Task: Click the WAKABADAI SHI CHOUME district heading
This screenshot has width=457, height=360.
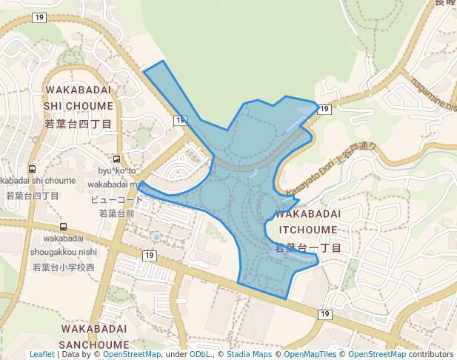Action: (79, 98)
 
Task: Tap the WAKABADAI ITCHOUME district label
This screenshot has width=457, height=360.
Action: (307, 221)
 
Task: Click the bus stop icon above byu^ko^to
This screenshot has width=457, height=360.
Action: (116, 159)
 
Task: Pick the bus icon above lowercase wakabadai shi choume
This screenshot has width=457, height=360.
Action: (32, 169)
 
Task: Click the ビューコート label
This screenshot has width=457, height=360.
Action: (116, 200)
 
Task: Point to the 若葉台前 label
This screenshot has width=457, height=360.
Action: (117, 213)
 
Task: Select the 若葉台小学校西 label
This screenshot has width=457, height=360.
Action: (64, 267)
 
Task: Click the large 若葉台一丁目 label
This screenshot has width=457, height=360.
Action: (307, 247)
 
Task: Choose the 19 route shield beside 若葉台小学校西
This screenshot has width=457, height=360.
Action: (150, 256)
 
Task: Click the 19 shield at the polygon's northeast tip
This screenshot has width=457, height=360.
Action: (324, 110)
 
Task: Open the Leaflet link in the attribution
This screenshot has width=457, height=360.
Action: (41, 355)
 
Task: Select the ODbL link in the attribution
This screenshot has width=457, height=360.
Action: (200, 355)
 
